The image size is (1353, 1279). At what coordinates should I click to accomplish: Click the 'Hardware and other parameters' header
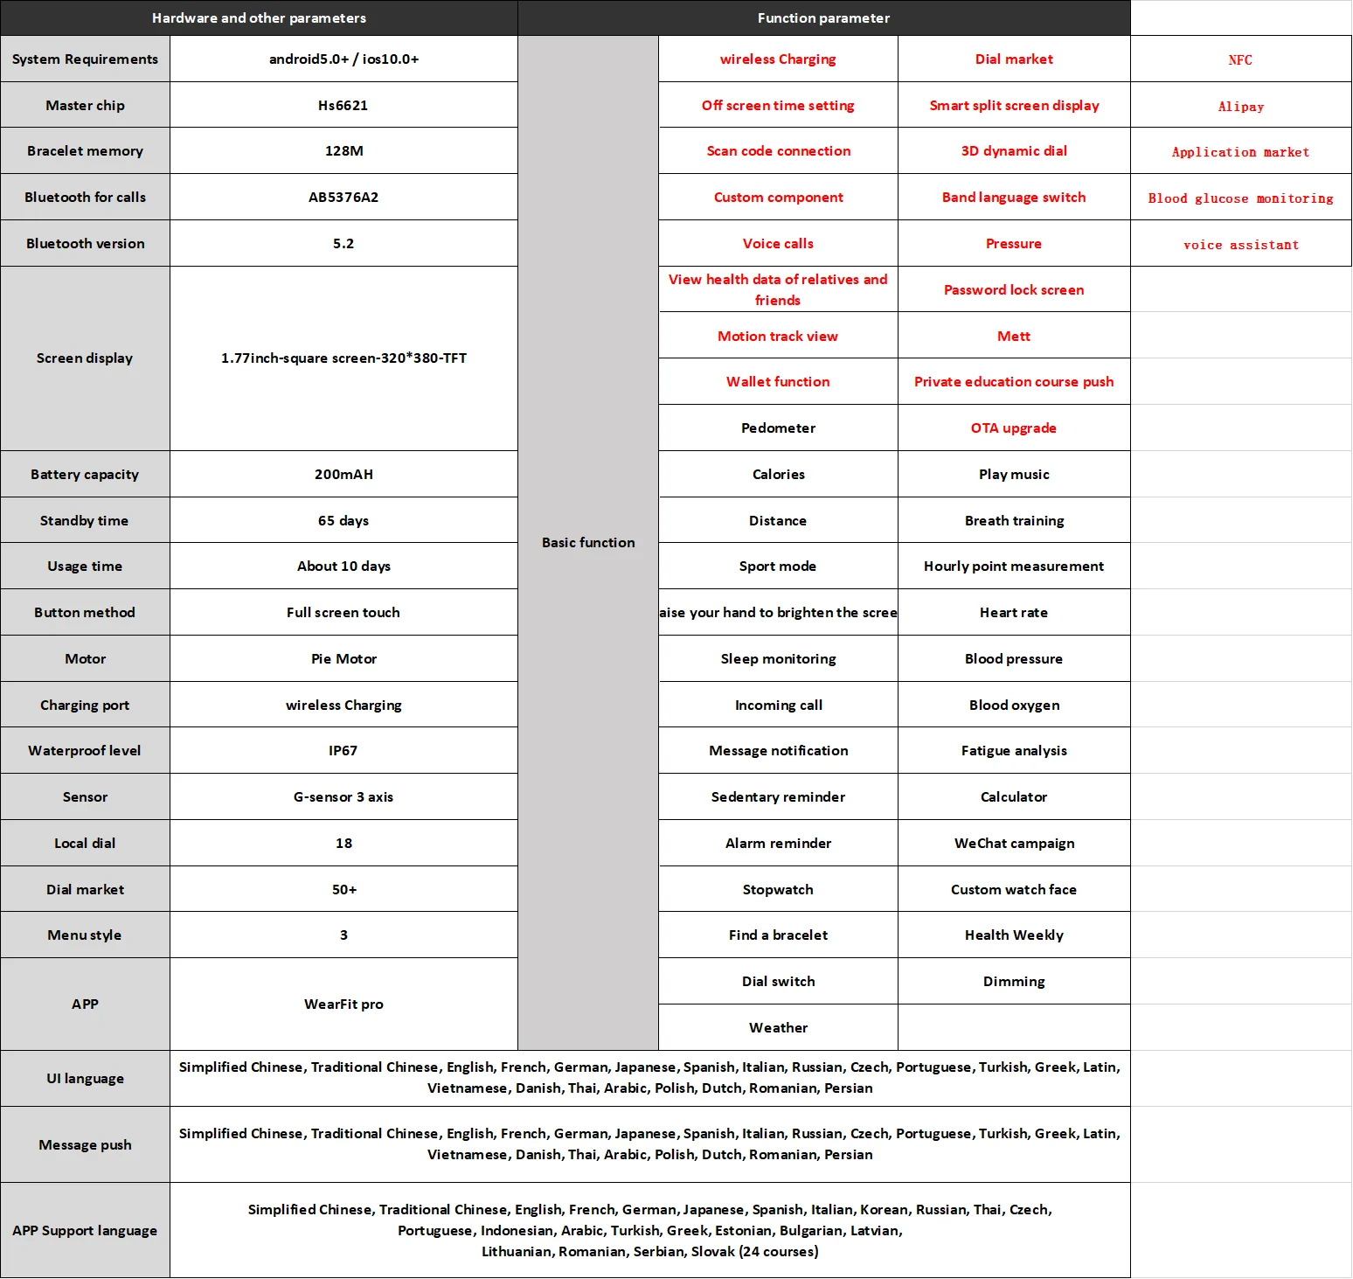pos(259,18)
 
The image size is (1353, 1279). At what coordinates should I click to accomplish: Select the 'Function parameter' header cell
pos(823,18)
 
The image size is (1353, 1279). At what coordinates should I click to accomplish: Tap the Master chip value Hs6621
pos(343,106)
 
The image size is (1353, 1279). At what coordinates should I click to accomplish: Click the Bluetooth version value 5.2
pos(343,244)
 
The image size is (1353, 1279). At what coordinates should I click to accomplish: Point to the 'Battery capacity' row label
pos(85,475)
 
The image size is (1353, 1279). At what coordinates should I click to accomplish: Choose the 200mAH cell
pos(343,475)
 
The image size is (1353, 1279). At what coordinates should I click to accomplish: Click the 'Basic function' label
pos(588,543)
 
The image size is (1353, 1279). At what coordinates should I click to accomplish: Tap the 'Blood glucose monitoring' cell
pos(1240,198)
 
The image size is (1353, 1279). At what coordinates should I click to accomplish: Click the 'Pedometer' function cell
pos(778,428)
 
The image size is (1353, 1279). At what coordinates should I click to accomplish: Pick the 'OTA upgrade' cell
pos(1014,428)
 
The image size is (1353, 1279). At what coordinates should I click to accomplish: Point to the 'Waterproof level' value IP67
pos(343,751)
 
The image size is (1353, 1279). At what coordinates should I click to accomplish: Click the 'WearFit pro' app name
pos(343,1004)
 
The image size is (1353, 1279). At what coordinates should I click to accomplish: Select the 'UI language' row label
pos(85,1079)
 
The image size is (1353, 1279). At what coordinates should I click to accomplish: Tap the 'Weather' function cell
pos(778,1028)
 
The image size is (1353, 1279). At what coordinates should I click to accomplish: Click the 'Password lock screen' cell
pos(1014,290)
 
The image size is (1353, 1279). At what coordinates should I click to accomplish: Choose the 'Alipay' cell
pos(1240,107)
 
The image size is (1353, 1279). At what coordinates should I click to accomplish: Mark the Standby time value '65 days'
pos(343,521)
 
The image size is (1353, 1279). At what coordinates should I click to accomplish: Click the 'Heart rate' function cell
pos(1014,613)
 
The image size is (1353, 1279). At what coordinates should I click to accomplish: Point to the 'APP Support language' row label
pos(85,1231)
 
